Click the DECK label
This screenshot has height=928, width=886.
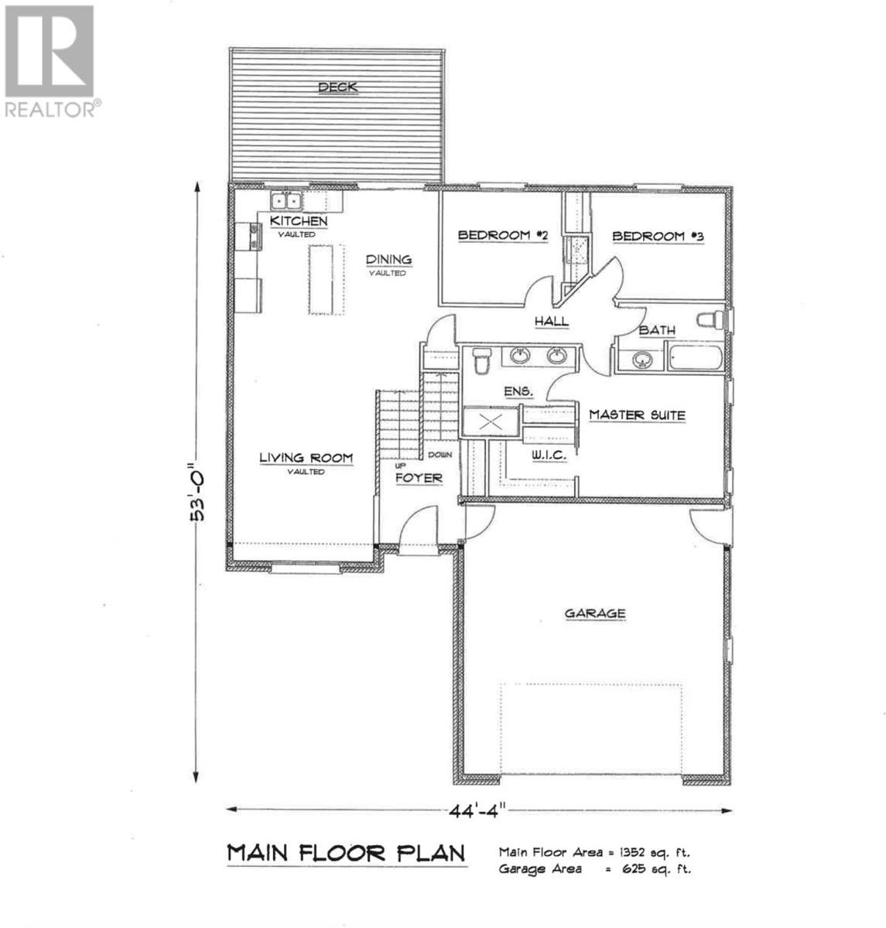[338, 87]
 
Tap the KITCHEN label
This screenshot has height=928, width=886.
[298, 222]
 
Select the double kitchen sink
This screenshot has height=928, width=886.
[286, 201]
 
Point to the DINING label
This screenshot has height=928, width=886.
[388, 261]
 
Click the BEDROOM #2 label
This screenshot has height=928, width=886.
[503, 235]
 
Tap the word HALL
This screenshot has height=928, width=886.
[552, 321]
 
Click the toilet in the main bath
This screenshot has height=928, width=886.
[709, 319]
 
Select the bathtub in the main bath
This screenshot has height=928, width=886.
[696, 360]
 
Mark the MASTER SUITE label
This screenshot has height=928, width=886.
[637, 415]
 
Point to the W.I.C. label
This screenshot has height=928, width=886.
[548, 456]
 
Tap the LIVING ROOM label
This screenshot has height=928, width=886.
[306, 459]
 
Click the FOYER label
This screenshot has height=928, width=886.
[419, 479]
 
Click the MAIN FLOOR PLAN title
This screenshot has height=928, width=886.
[346, 853]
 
